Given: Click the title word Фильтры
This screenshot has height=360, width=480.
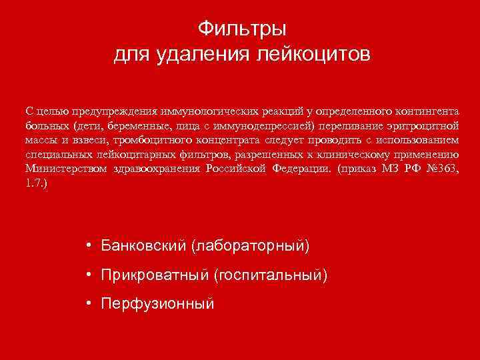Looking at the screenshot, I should (242, 29).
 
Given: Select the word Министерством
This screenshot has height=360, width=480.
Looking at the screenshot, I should (64, 169).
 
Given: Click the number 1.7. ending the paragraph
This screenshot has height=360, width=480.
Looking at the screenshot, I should (36, 183).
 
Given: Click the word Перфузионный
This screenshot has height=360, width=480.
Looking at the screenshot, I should (157, 304).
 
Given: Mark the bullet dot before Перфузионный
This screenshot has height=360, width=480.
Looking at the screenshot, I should (89, 303).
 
